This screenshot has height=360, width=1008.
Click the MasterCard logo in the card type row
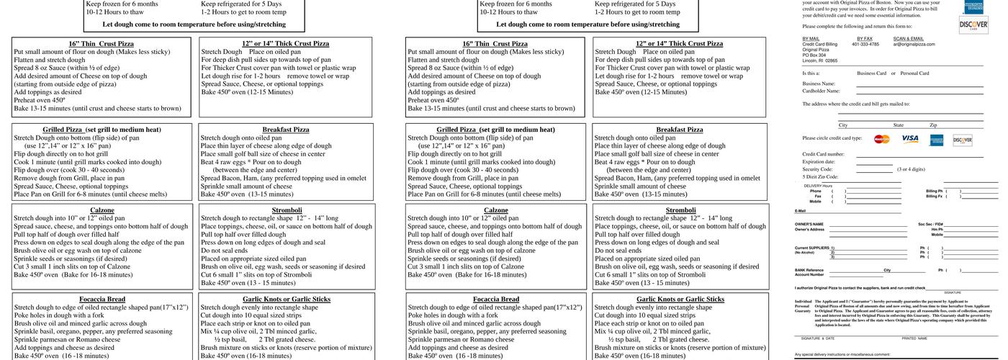coord(882,139)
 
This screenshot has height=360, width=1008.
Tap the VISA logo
coord(909,138)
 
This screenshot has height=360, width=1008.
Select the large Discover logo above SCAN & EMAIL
coord(968,25)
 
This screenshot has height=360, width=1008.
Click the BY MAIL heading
coord(811,38)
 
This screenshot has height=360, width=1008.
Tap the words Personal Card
coord(914,73)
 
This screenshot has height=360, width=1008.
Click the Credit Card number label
coord(823,154)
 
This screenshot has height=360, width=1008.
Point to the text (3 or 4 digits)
coord(911,169)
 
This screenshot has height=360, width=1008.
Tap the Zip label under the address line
coord(933,125)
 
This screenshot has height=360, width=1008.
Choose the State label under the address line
coord(898,125)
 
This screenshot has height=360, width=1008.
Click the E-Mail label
coord(800,211)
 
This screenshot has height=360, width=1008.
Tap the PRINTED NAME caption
coord(914,338)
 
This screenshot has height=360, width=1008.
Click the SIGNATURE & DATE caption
coord(816,338)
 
